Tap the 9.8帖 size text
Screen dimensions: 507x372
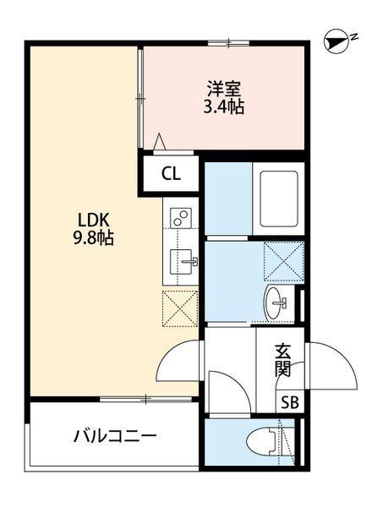(94, 238)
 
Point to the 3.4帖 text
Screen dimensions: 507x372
(224, 107)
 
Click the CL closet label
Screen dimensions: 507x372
(171, 175)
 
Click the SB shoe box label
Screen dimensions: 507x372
(289, 402)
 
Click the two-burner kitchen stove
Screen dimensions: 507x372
(180, 218)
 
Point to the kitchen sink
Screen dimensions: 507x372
(181, 262)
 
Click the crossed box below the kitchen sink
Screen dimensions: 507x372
(179, 308)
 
